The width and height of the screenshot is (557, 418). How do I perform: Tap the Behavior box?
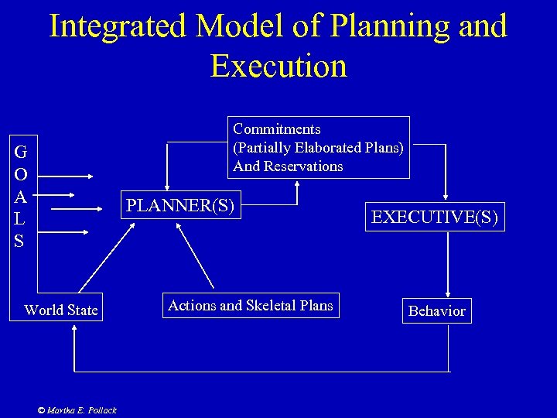point(436,310)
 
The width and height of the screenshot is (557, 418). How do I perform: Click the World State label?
point(61,310)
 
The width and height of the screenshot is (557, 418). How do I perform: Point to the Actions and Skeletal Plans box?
point(251,306)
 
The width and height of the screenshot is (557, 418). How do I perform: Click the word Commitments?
point(277,129)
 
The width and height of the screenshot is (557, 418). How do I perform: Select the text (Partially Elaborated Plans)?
point(318,148)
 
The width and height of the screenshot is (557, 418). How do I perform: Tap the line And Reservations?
point(288,166)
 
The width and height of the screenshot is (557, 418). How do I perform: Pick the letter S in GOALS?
point(19,242)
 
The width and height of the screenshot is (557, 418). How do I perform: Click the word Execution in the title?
point(278,66)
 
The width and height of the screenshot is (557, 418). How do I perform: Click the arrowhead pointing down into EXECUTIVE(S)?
point(446,197)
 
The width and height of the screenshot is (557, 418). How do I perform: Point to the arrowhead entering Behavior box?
point(448,291)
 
